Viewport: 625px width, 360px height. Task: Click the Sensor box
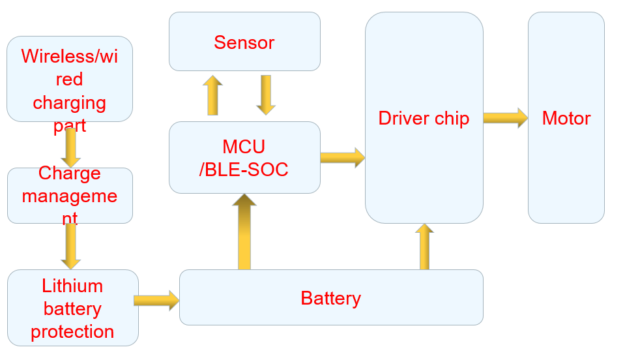(x=244, y=42)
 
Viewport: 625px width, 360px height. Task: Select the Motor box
(x=566, y=118)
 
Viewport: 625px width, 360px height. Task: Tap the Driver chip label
(x=424, y=119)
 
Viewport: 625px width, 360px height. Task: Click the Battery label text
(x=330, y=298)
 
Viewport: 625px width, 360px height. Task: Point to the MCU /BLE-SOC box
(x=244, y=157)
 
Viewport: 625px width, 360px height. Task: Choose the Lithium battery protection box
(x=72, y=308)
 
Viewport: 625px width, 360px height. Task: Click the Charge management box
(x=70, y=196)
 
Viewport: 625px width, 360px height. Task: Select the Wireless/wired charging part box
(x=69, y=79)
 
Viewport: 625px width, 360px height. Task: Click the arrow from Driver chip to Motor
(x=505, y=118)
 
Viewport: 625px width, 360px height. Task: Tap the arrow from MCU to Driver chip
(x=342, y=157)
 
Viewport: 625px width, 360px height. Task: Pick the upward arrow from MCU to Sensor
(x=212, y=95)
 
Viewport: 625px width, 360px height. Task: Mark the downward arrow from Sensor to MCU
(x=266, y=95)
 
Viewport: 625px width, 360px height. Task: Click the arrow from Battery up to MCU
(x=244, y=232)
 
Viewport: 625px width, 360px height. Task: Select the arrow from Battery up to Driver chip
(x=424, y=247)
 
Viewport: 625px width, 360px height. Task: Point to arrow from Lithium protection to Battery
(x=156, y=300)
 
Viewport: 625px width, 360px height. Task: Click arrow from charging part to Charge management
(x=70, y=147)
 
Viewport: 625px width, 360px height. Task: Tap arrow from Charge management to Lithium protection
(x=70, y=247)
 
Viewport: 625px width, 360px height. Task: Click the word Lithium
(x=72, y=286)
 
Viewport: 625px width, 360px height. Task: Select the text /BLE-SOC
(x=244, y=170)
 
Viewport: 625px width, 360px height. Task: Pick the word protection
(x=72, y=331)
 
